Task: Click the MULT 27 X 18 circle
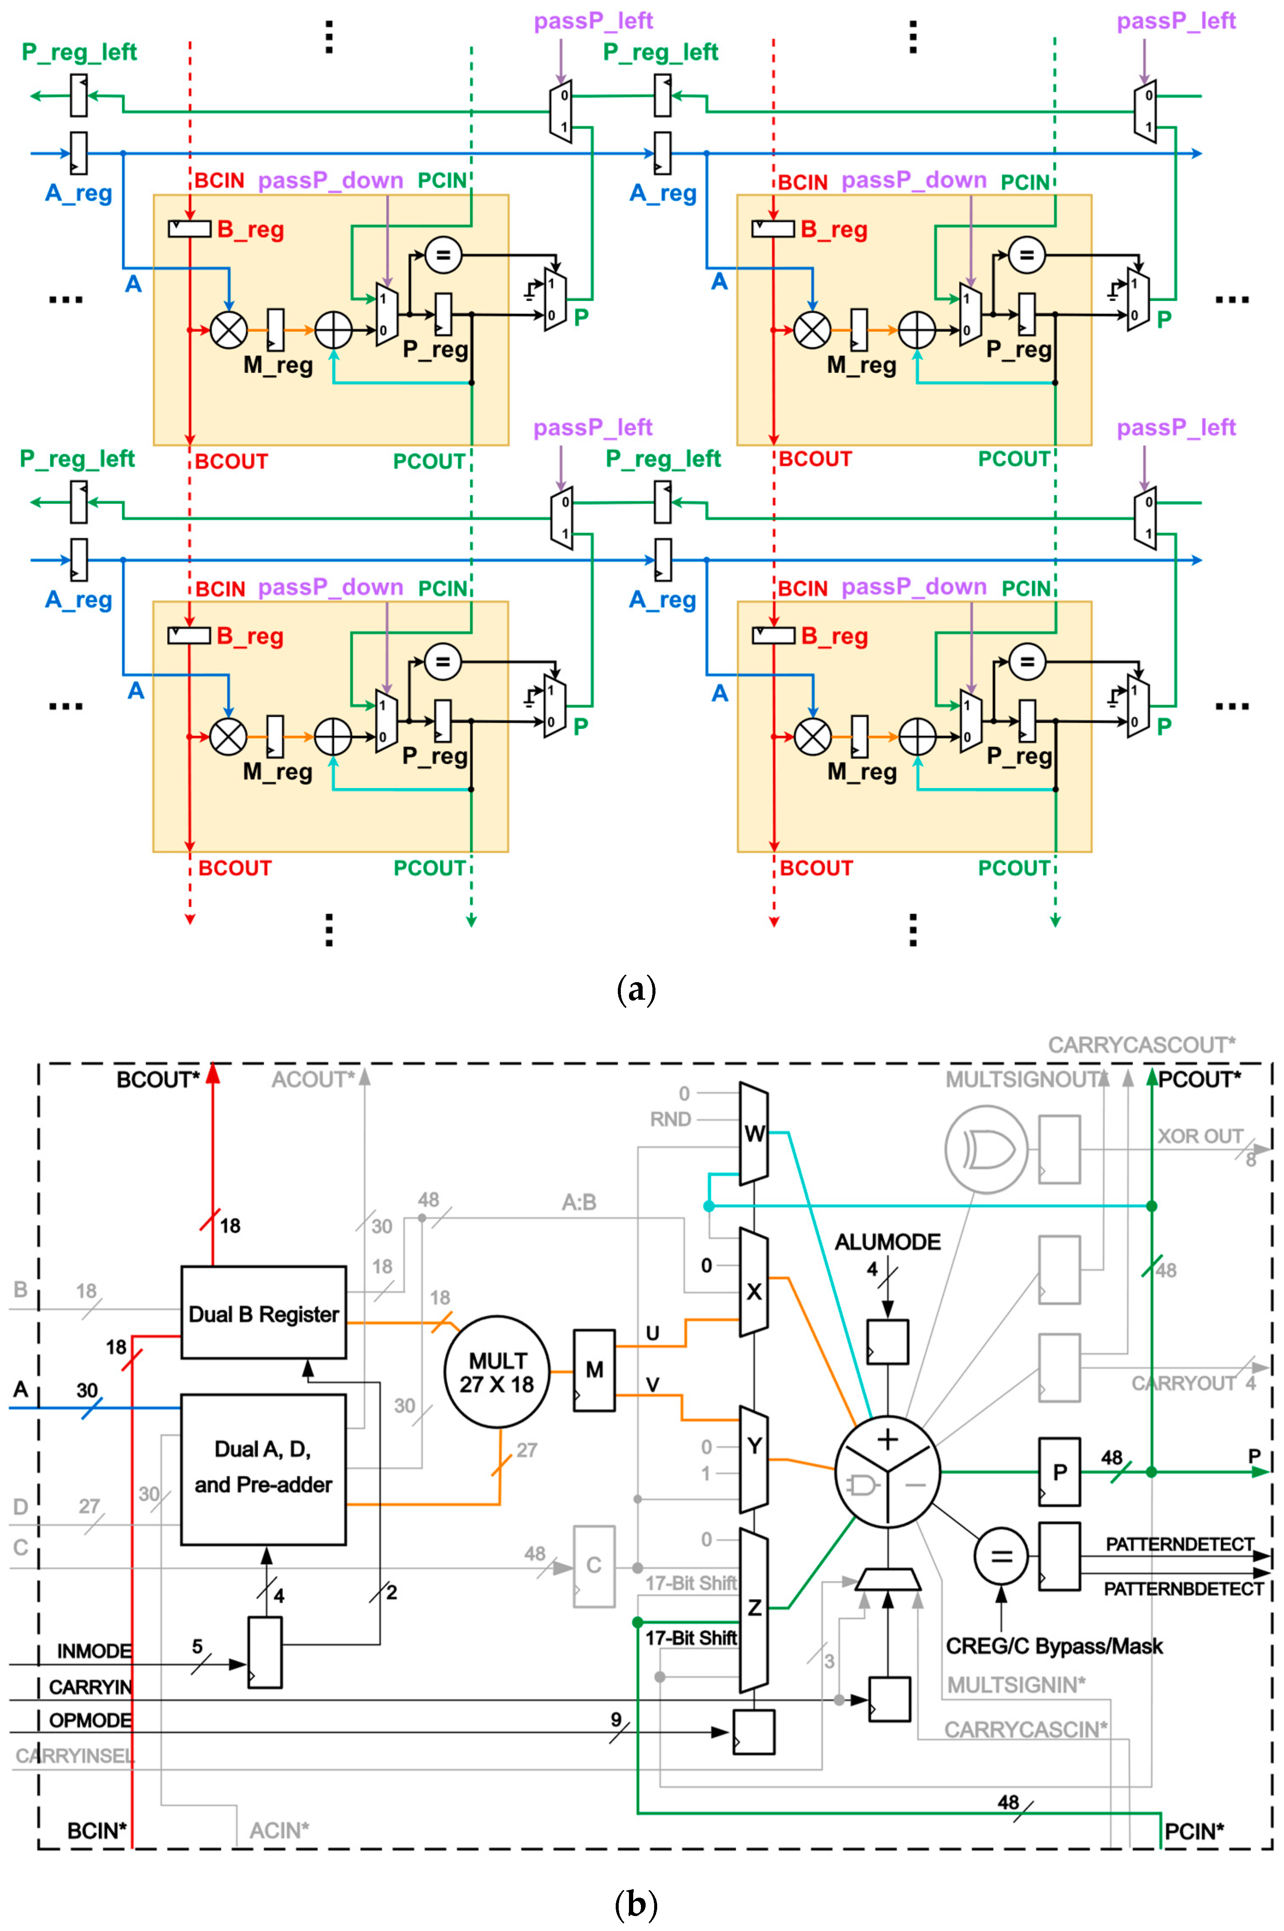pyautogui.click(x=496, y=1372)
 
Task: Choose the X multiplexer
pyautogui.click(x=753, y=1291)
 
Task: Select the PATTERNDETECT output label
pyautogui.click(x=1179, y=1544)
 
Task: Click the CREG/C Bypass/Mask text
pyautogui.click(x=1054, y=1646)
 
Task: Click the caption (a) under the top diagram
pyautogui.click(x=635, y=989)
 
